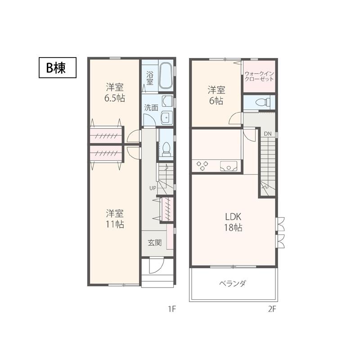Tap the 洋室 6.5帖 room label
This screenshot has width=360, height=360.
[115, 92]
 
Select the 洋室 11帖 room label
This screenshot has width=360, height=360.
[115, 219]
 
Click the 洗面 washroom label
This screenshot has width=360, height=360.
[151, 108]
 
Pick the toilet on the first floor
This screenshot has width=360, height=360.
[166, 149]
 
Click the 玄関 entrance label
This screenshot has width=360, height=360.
[155, 243]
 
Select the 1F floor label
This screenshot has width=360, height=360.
[171, 309]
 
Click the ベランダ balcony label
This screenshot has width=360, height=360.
[232, 284]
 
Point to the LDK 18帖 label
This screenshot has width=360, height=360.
[232, 222]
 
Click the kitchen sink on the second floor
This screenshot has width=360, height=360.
[229, 166]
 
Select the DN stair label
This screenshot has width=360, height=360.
[268, 134]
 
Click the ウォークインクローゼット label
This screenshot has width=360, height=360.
[259, 76]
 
